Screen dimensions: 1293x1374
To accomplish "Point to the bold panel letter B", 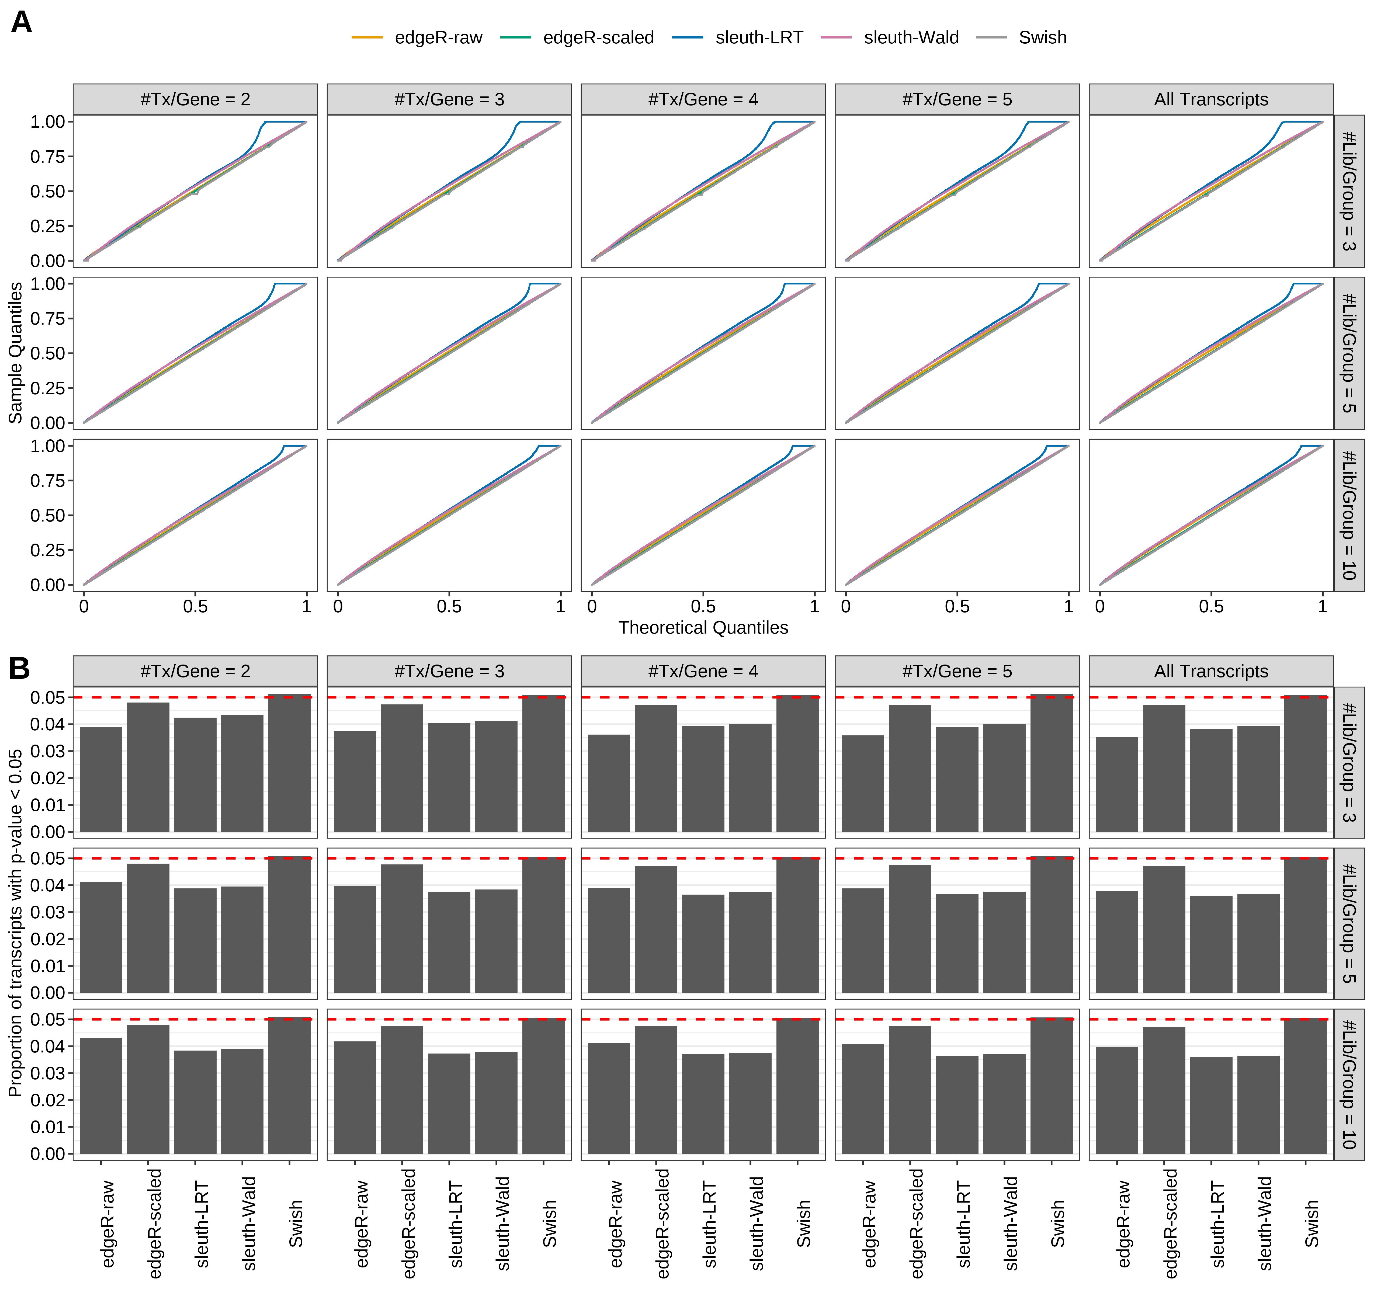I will click(19, 668).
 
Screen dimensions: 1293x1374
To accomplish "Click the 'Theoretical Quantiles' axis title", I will click(703, 627).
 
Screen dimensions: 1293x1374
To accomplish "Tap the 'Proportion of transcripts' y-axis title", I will click(15, 923).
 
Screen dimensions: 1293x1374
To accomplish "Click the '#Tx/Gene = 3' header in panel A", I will click(449, 99).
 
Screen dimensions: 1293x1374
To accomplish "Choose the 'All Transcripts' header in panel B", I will click(1211, 671).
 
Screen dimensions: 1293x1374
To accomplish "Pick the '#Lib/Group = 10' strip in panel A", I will click(1348, 515).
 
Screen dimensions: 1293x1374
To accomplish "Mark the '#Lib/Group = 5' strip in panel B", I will click(1348, 923).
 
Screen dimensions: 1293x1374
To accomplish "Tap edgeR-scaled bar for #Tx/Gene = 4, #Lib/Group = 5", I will click(656, 930).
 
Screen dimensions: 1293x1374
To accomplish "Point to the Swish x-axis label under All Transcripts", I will click(1311, 1223).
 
